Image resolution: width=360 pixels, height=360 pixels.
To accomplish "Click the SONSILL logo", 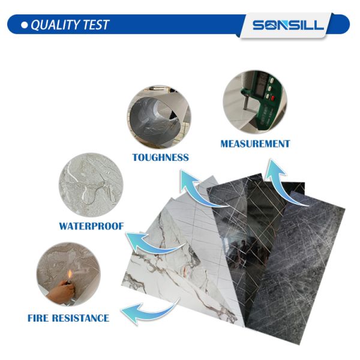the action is click(288, 25).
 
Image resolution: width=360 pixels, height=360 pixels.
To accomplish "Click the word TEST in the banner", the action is click(97, 25).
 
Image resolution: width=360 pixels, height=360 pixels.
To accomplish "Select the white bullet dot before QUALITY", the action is click(25, 25).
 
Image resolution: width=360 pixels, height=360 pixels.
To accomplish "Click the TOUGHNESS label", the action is click(160, 157).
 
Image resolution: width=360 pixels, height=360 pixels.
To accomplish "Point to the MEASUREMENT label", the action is click(255, 144).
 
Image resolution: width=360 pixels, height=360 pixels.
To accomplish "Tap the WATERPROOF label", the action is click(91, 226).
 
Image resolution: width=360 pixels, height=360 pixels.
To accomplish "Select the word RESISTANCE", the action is click(80, 318).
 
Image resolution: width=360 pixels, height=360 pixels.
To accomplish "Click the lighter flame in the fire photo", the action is click(70, 274).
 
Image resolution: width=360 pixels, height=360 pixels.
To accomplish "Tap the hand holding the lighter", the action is click(61, 291).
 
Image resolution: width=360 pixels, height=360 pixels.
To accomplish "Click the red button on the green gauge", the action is click(273, 98).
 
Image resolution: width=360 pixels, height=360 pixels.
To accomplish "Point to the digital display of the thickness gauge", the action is click(261, 86).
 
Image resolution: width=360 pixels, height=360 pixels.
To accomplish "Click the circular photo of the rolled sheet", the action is click(159, 116).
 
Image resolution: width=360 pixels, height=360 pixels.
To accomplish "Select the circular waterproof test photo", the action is click(91, 185).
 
